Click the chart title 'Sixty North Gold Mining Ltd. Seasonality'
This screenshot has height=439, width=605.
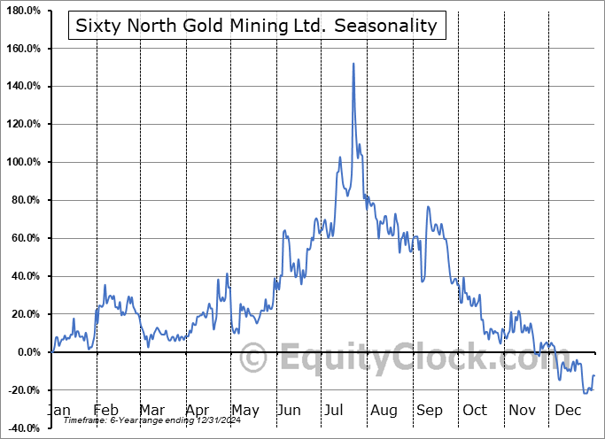click(257, 26)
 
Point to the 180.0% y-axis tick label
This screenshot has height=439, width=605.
click(25, 10)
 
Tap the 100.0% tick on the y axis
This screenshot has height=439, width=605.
click(25, 162)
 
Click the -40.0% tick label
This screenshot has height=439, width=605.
click(25, 428)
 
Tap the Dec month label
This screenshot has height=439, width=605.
click(567, 410)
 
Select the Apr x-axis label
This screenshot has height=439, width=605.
click(198, 410)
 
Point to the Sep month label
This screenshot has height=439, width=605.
click(430, 410)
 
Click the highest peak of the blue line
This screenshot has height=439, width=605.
click(353, 64)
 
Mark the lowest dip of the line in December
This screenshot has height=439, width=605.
click(586, 392)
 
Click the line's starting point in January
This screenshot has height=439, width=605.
click(52, 352)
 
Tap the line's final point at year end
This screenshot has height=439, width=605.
click(593, 376)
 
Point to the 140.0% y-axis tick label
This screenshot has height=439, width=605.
click(25, 86)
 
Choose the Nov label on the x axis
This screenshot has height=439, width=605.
click(522, 410)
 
